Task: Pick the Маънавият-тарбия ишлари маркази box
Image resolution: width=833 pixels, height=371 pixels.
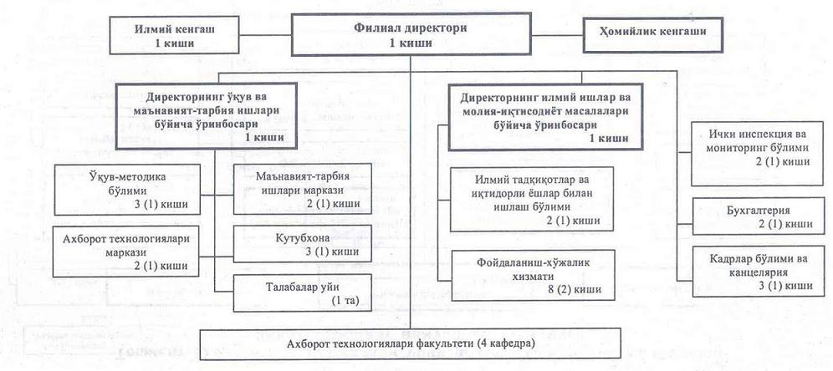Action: (302, 190)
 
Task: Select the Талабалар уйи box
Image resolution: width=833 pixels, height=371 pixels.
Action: (302, 292)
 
